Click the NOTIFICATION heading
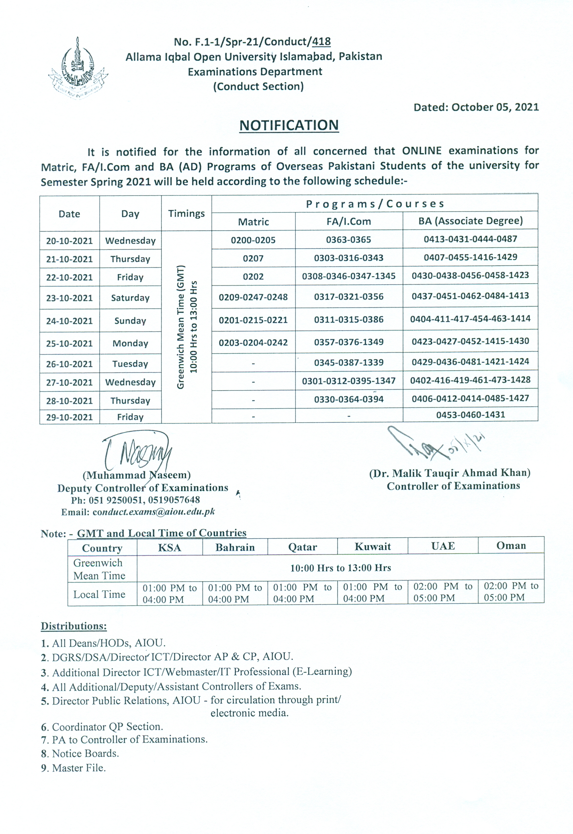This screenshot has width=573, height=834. coord(289,125)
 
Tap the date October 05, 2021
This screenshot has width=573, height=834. coord(495,107)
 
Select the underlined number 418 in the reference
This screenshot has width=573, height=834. coord(322,42)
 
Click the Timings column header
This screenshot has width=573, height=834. coord(186,214)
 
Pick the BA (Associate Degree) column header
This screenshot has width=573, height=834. coord(470,221)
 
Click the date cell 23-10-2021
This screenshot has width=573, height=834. coord(69,298)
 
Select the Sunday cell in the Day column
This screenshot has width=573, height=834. coord(130,320)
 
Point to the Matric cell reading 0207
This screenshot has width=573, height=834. coord(253,258)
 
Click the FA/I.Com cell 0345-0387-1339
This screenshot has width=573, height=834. coord(349,362)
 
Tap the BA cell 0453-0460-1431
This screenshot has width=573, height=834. coord(471,415)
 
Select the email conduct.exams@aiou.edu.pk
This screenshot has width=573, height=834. coord(153,512)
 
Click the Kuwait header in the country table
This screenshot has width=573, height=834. coord(373,546)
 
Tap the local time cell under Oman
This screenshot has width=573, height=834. coord(511,591)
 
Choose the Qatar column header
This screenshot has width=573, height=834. coord(303,547)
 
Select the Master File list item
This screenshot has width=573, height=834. coord(79,768)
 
